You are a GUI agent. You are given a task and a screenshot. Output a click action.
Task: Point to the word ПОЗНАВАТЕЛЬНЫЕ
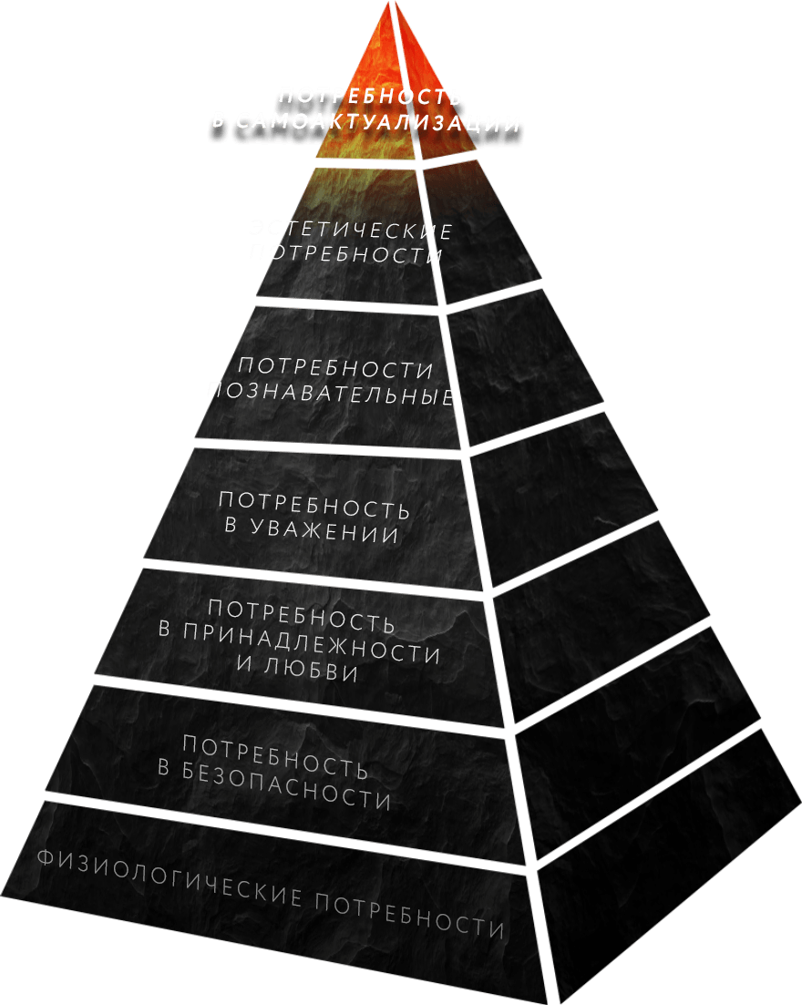tap(331, 395)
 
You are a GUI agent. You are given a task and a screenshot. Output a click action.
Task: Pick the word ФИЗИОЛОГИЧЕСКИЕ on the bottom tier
tap(169, 877)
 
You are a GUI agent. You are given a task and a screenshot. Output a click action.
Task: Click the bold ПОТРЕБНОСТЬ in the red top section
tap(370, 97)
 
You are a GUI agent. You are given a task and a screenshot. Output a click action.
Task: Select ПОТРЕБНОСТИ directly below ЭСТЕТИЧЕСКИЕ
tap(345, 254)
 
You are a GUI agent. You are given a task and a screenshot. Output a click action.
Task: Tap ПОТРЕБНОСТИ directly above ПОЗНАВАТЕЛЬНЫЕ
tap(335, 369)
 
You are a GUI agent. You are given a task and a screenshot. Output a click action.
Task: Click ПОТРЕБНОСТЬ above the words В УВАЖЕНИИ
tap(314, 505)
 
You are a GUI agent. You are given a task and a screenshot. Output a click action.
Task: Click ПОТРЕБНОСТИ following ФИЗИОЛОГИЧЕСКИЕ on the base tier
tap(410, 916)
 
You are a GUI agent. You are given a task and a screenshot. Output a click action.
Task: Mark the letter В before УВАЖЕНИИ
tap(231, 526)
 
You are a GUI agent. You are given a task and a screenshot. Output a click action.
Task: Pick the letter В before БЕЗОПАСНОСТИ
tap(165, 767)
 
